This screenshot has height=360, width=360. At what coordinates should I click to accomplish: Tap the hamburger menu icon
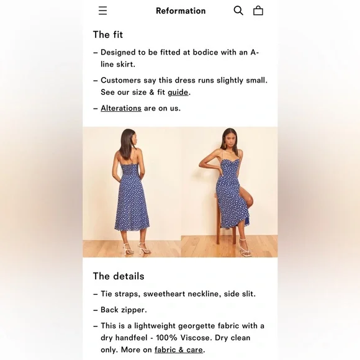pyautogui.click(x=102, y=11)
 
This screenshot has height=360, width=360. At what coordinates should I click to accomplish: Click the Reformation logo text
pyautogui.click(x=181, y=11)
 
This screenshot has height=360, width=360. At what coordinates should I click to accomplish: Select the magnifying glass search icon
pyautogui.click(x=238, y=11)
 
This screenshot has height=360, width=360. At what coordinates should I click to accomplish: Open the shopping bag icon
pyautogui.click(x=258, y=11)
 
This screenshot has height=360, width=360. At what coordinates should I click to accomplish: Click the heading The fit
pyautogui.click(x=108, y=35)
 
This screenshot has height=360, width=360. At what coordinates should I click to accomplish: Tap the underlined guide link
pyautogui.click(x=178, y=92)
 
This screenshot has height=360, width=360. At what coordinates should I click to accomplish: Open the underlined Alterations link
pyautogui.click(x=121, y=108)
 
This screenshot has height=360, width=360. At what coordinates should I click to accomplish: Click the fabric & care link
pyautogui.click(x=179, y=349)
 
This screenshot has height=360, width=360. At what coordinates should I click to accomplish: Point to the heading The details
pyautogui.click(x=119, y=276)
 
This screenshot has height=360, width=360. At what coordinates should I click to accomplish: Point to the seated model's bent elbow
pyautogui.click(x=200, y=165)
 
